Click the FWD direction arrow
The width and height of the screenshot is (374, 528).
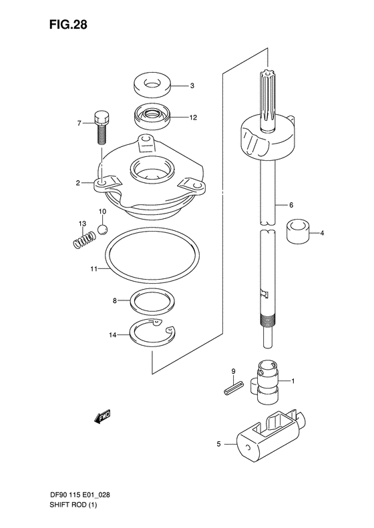(102, 419)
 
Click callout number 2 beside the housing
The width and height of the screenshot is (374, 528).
(77, 182)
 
